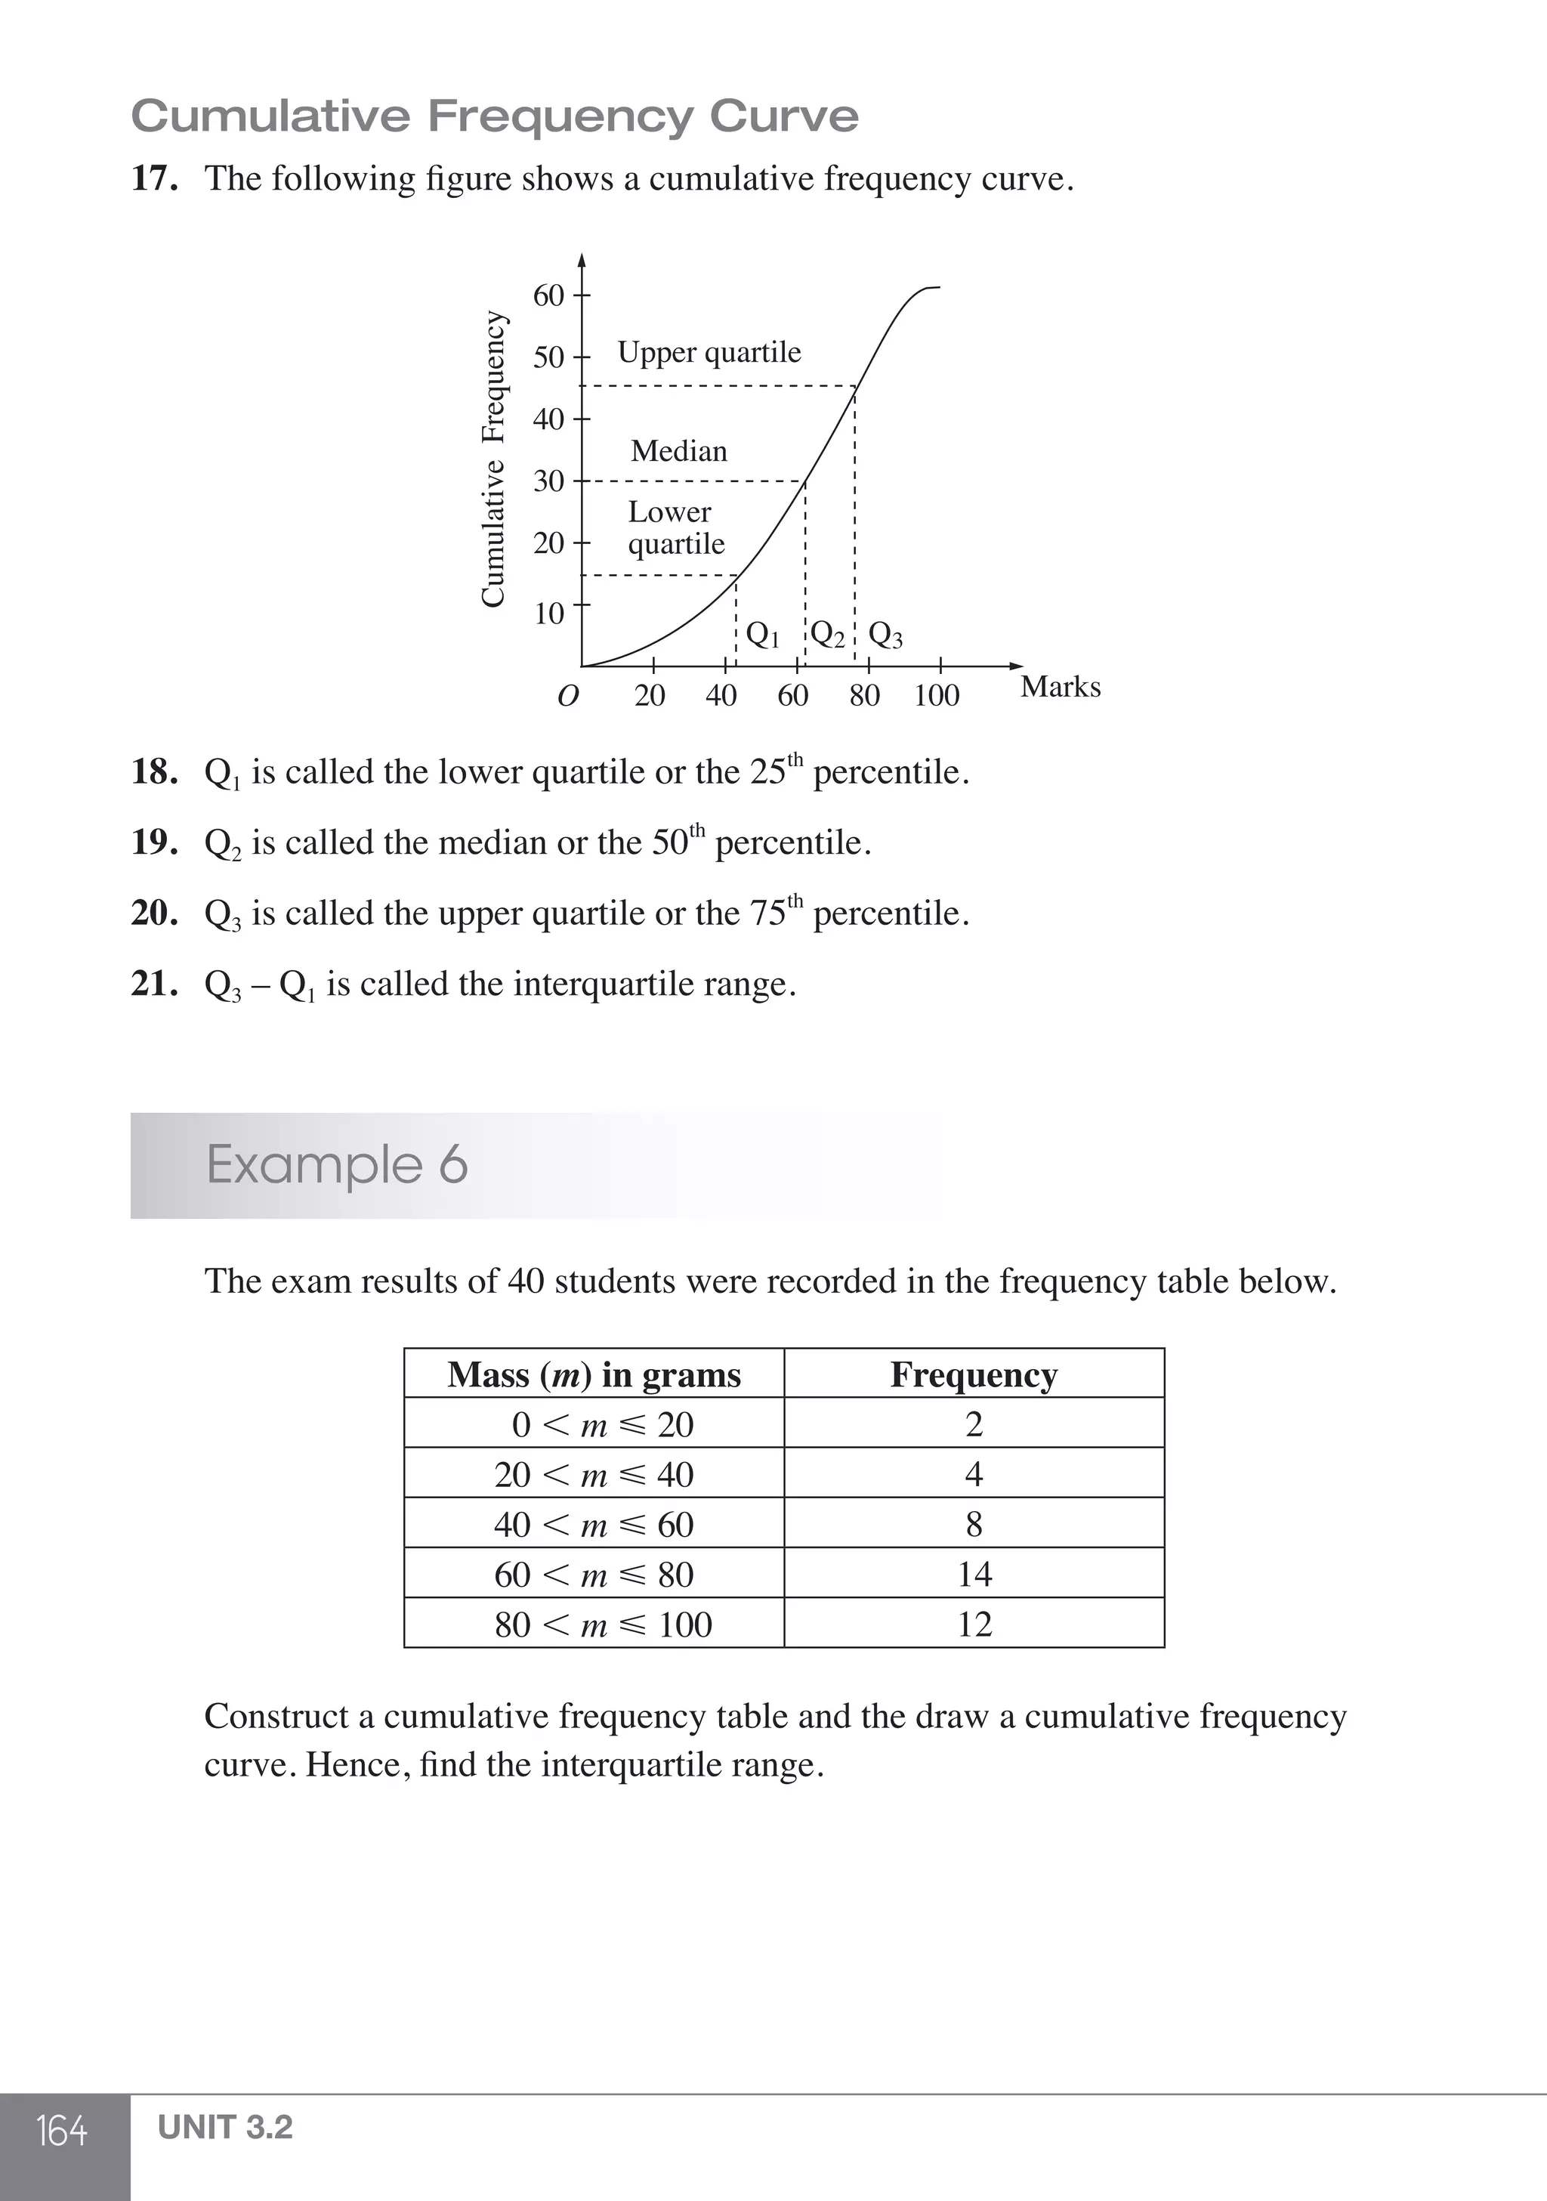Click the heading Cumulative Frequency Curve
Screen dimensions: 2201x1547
[x=495, y=116]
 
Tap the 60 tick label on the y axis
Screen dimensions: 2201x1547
[x=549, y=295]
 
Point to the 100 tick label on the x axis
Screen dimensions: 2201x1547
[x=937, y=696]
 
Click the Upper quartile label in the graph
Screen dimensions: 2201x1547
[x=709, y=352]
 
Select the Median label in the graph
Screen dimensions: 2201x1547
[x=678, y=450]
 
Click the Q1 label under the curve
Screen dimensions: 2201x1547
[x=763, y=635]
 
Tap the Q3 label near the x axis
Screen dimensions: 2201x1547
[x=885, y=635]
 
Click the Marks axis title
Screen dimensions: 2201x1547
[x=1060, y=688]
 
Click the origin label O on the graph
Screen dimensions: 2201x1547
[x=567, y=696]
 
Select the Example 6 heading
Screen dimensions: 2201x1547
[x=338, y=1165]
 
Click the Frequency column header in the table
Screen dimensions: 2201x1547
[x=974, y=1374]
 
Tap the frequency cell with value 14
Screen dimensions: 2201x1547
[x=974, y=1574]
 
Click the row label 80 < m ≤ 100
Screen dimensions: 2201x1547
[x=603, y=1624]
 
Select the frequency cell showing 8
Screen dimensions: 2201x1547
[x=974, y=1524]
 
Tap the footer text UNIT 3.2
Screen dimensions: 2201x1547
[x=225, y=2126]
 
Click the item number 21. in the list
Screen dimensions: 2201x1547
[x=154, y=984]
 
